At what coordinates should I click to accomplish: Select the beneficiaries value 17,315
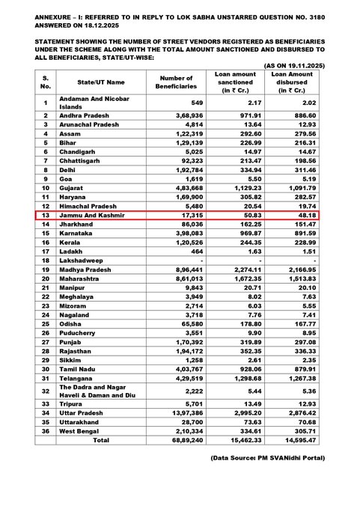189,193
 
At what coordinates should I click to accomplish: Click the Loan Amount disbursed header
298,82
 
